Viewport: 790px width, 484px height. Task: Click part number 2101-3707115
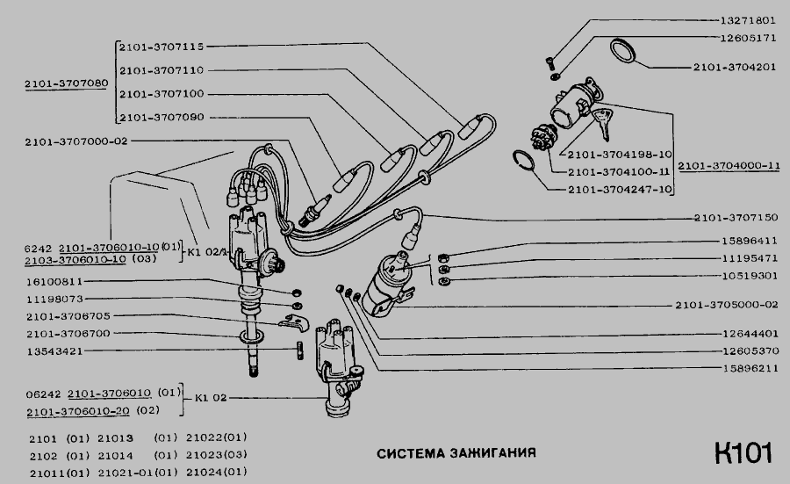pyautogui.click(x=162, y=47)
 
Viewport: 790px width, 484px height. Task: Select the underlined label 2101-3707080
pyautogui.click(x=67, y=83)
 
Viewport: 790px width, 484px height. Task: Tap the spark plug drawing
pyautogui.click(x=315, y=210)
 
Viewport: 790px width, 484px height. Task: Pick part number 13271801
pyautogui.click(x=748, y=21)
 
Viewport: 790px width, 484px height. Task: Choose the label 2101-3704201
pyautogui.click(x=735, y=67)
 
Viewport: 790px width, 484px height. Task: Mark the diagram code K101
pyautogui.click(x=743, y=452)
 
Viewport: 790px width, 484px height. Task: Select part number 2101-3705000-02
pyautogui.click(x=727, y=305)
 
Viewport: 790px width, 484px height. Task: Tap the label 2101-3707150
pyautogui.click(x=736, y=218)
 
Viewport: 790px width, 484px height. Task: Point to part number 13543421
pyautogui.click(x=55, y=350)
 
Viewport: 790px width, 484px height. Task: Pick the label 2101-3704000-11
pyautogui.click(x=729, y=165)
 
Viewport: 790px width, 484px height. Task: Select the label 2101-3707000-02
pyautogui.click(x=76, y=141)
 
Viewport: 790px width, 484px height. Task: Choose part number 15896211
pyautogui.click(x=750, y=369)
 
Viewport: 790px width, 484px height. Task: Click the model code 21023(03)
pyautogui.click(x=217, y=455)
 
